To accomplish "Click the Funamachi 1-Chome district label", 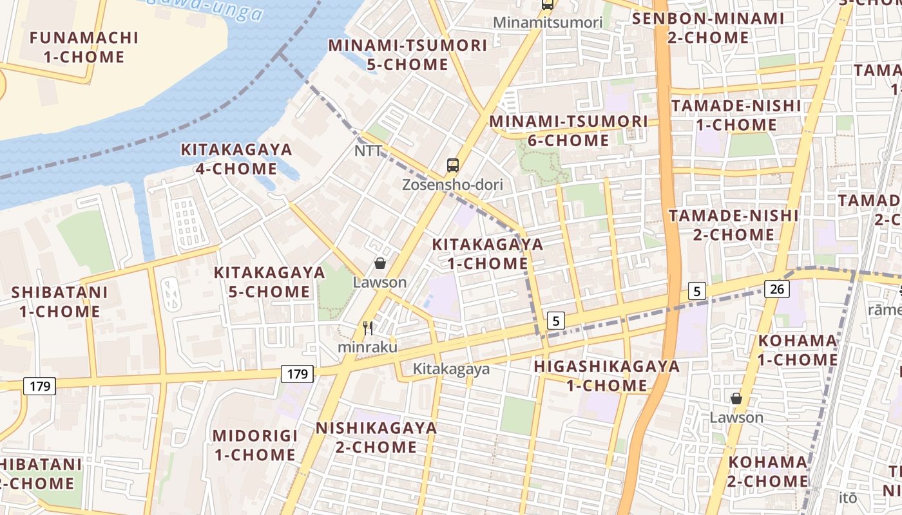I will (84, 47).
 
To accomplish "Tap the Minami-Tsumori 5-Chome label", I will (407, 55).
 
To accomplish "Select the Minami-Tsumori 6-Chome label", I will (568, 131).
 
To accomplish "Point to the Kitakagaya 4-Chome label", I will (236, 159).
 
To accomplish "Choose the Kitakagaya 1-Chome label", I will (487, 254).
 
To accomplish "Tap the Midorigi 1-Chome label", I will (255, 445).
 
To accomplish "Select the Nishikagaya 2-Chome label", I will (376, 437).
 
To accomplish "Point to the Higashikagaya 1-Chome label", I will (606, 376).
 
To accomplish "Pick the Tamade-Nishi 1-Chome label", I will (736, 115).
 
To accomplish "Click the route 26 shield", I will (777, 289).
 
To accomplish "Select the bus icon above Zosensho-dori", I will (453, 165).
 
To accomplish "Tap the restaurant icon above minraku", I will (368, 328).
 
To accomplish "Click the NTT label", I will (368, 151).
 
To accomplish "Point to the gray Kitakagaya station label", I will (451, 369).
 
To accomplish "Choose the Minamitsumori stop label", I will (548, 23).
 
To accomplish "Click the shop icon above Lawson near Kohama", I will (736, 399).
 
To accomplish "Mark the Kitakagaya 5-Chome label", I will (269, 282).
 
